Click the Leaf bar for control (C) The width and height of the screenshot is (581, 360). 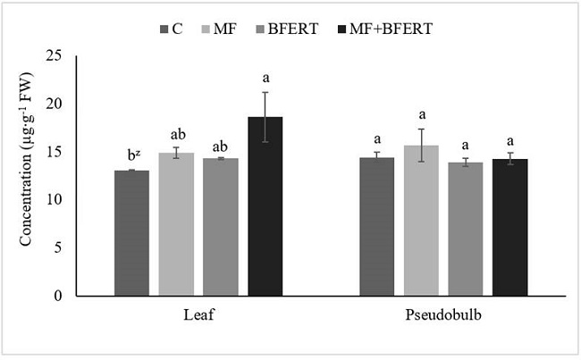pyautogui.click(x=131, y=233)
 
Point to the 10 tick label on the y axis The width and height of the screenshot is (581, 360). pyautogui.click(x=56, y=200)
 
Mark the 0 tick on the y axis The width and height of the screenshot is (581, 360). pyautogui.click(x=60, y=296)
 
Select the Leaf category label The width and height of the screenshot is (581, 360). pyautogui.click(x=198, y=315)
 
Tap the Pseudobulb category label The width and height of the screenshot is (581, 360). pyautogui.click(x=443, y=315)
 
